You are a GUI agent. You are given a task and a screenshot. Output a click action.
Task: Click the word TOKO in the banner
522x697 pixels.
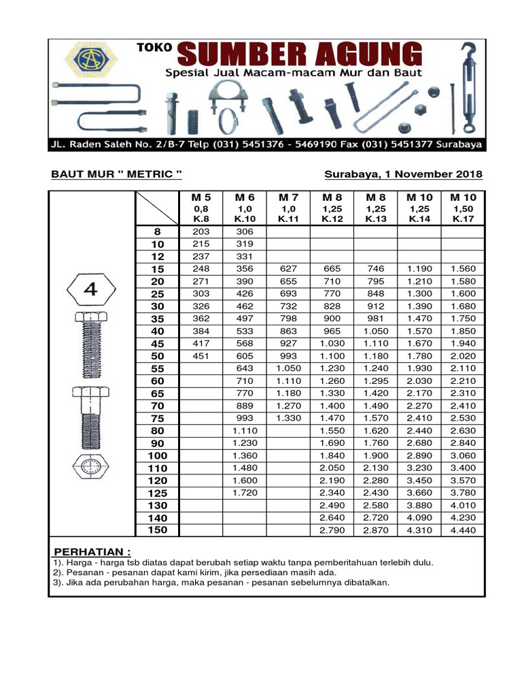(154, 49)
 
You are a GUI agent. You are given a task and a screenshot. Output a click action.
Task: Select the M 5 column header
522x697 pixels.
(200, 197)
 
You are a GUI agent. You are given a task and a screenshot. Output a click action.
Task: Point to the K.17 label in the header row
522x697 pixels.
(463, 219)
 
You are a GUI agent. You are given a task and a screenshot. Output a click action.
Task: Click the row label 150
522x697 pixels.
(158, 530)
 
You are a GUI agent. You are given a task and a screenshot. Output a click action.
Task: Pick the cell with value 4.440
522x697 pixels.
(463, 530)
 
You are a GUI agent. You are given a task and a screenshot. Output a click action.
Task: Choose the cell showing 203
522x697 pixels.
(201, 231)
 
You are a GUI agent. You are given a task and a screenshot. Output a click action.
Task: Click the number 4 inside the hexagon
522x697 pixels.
(90, 290)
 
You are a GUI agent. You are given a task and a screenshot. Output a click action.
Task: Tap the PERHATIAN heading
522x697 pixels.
(92, 551)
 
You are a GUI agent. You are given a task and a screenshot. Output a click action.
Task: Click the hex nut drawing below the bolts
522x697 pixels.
(90, 468)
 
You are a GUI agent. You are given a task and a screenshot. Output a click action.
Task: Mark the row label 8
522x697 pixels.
(158, 231)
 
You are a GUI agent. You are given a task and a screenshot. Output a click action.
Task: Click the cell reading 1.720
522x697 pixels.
(245, 492)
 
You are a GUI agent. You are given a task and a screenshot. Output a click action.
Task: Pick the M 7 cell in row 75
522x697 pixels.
(288, 418)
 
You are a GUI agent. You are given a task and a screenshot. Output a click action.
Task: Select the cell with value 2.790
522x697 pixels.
(332, 530)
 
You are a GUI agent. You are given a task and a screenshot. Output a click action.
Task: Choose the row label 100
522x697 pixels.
(158, 455)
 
